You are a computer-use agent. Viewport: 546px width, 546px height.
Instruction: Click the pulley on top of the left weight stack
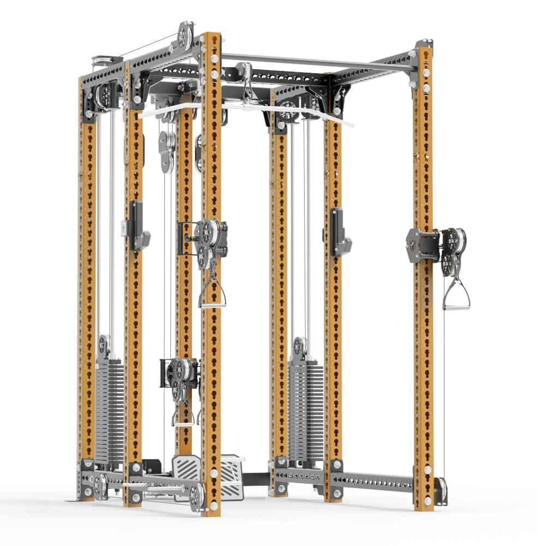[104, 344]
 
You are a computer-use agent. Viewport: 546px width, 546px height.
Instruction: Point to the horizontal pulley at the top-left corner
[103, 60]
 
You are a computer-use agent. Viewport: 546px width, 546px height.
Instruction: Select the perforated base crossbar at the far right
[377, 480]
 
